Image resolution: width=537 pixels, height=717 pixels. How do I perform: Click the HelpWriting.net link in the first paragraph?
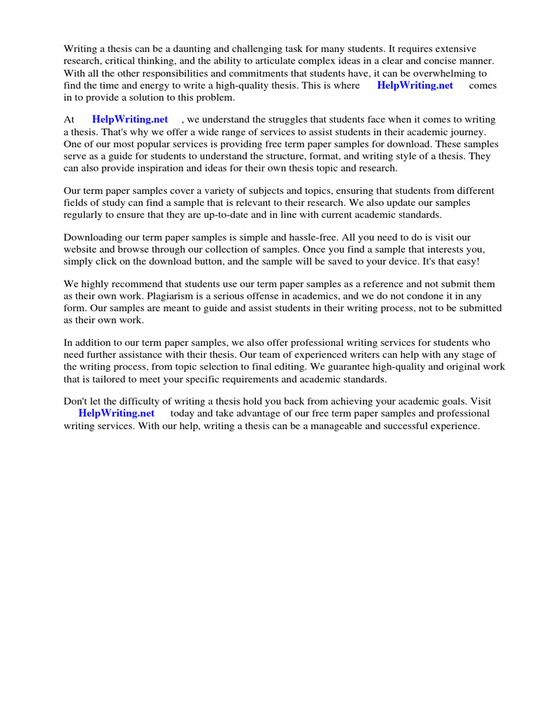coord(415,85)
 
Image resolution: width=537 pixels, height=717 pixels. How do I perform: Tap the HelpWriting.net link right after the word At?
coord(130,120)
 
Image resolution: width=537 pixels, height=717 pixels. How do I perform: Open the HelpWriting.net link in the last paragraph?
coord(116,413)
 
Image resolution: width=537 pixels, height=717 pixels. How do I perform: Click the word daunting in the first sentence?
coord(185,49)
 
